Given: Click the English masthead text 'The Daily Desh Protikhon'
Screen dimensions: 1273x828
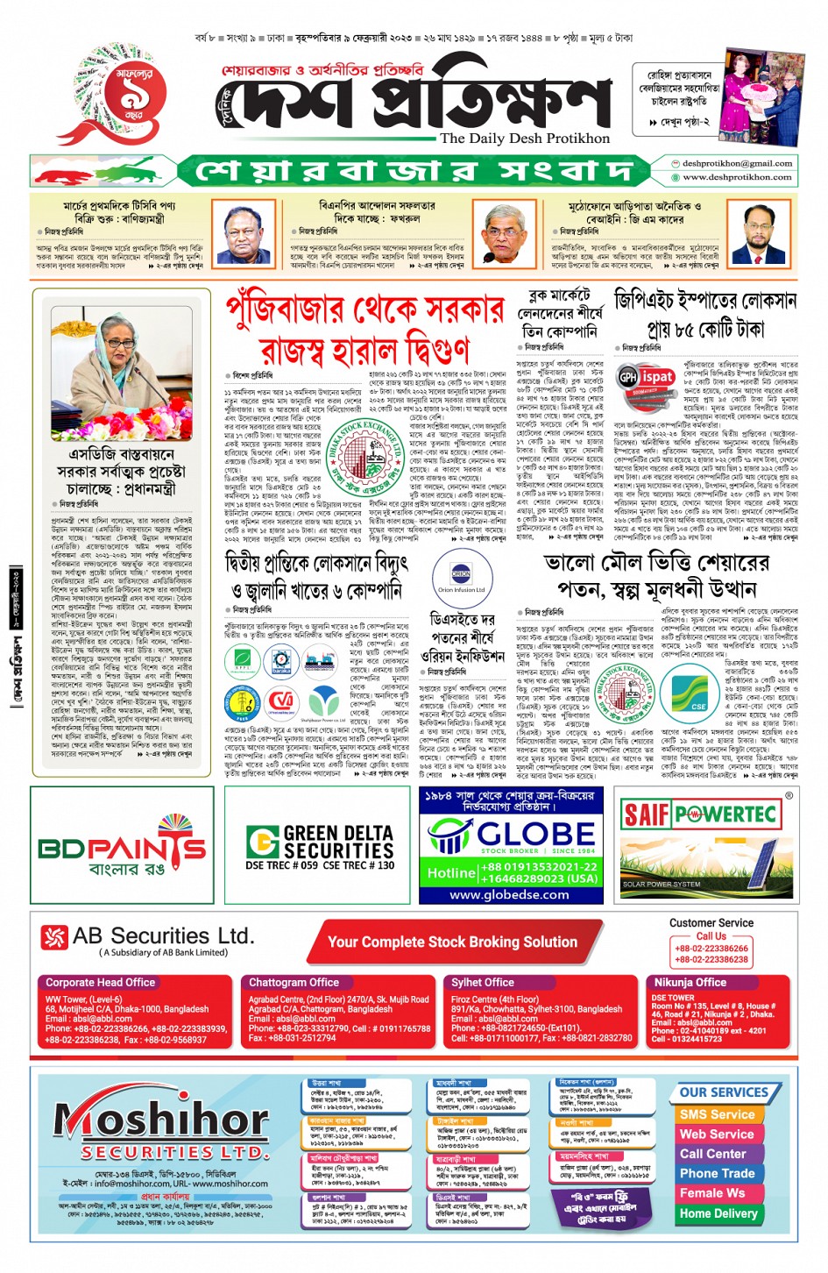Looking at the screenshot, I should (x=525, y=139).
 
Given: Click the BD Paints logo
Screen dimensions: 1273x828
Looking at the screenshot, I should (x=122, y=847).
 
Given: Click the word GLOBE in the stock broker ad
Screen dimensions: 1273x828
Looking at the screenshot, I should (x=536, y=833).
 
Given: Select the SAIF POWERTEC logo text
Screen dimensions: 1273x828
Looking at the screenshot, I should (x=698, y=814).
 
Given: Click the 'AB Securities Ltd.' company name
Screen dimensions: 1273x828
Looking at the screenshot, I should (x=163, y=935).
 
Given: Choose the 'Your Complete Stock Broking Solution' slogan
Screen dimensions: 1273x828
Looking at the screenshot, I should (x=452, y=942).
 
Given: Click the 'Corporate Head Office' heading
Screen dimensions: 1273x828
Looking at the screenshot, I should (x=101, y=983).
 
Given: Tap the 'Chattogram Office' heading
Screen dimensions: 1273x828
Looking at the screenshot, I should (x=294, y=983).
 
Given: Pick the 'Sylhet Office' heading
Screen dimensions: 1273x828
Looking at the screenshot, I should (x=483, y=983).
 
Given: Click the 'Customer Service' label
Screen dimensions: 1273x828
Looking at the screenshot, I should (x=711, y=922).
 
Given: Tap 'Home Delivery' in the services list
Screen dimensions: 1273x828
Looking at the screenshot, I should (x=718, y=1213).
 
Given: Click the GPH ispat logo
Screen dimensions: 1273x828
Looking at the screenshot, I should (x=647, y=378).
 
